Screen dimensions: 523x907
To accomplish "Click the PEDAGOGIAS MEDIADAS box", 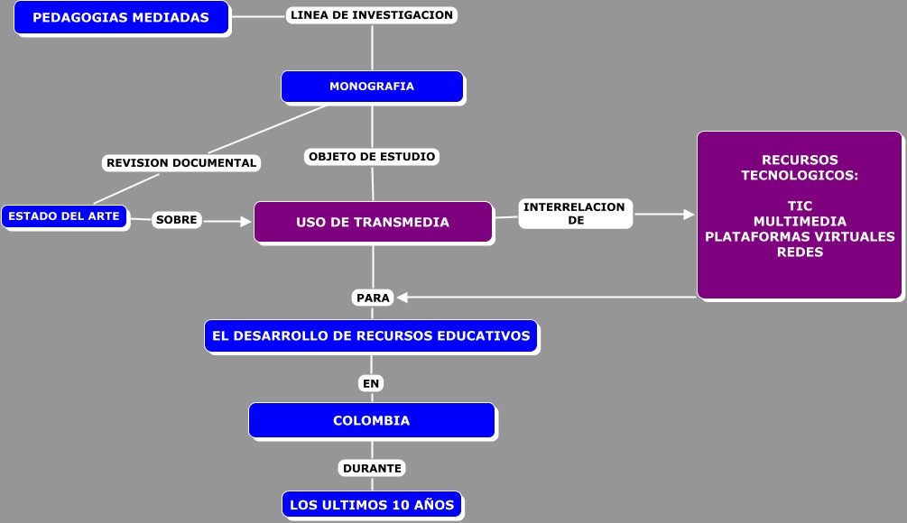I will click(121, 17).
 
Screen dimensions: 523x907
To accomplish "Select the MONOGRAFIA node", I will click(372, 87).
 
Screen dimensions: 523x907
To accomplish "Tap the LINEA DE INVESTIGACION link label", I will click(371, 15).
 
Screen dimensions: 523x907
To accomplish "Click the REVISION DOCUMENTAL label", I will click(181, 163).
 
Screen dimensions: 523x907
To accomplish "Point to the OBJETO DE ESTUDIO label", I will click(372, 157).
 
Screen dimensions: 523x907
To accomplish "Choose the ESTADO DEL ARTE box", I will click(64, 216).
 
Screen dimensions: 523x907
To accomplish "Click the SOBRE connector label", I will click(176, 220).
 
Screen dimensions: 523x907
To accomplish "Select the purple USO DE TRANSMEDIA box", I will click(373, 222).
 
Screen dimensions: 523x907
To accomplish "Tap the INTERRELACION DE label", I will click(574, 214).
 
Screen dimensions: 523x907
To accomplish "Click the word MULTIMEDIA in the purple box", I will click(800, 222).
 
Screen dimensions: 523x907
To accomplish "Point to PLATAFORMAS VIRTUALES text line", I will click(800, 237).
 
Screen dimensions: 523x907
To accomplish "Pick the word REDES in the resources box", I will click(800, 252).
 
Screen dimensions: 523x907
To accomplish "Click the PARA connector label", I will click(373, 298).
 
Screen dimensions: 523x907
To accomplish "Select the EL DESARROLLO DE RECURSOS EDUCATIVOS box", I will click(371, 336).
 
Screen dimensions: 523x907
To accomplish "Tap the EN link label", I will click(371, 384).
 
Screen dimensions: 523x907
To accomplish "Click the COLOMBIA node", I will click(371, 420).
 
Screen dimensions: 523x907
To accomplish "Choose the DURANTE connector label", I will click(372, 468).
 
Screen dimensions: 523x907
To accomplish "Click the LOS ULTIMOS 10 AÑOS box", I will click(372, 505).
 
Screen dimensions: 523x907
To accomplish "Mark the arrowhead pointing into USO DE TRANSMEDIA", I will click(245, 221).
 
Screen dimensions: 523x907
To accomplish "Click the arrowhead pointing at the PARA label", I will click(403, 298).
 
